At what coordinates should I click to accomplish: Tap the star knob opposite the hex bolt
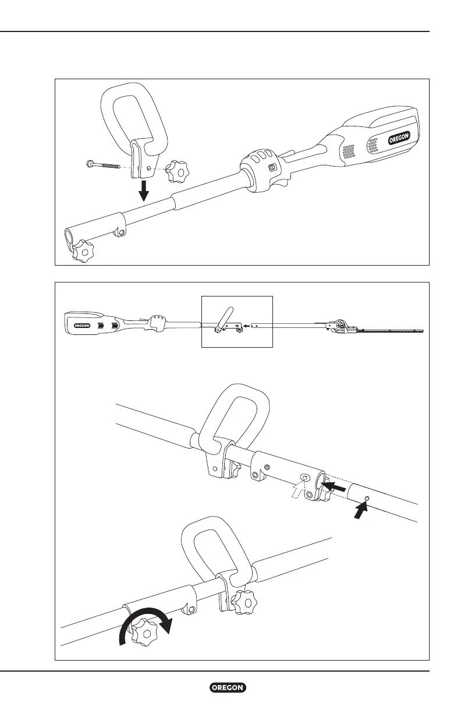tap(176, 171)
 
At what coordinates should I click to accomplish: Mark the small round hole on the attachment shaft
tap(367, 498)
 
